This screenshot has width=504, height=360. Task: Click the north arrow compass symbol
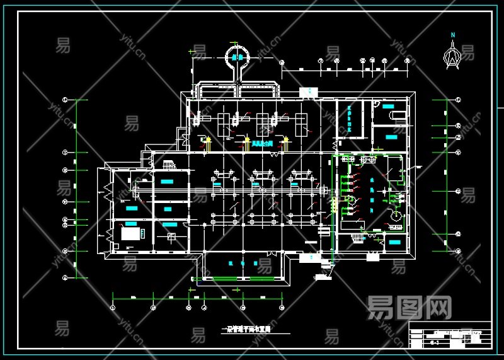pyautogui.click(x=451, y=54)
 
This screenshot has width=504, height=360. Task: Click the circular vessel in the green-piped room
pyautogui.click(x=396, y=216)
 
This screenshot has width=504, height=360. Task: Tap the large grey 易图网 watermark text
pyautogui.click(x=409, y=308)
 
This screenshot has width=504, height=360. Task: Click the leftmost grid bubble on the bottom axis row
pyautogui.click(x=112, y=307)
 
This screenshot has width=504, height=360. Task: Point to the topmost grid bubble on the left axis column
pyautogui.click(x=66, y=100)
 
